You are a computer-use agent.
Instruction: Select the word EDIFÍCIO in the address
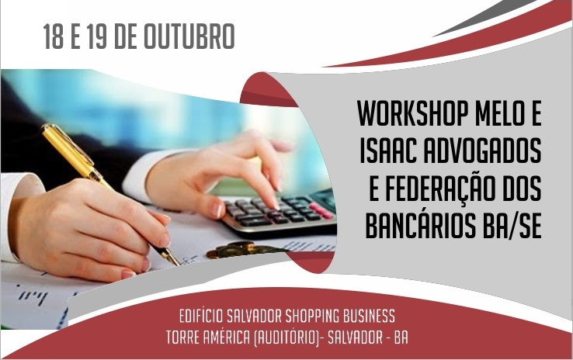pyautogui.click(x=203, y=317)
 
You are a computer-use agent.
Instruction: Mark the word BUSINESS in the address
pyautogui.click(x=372, y=317)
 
